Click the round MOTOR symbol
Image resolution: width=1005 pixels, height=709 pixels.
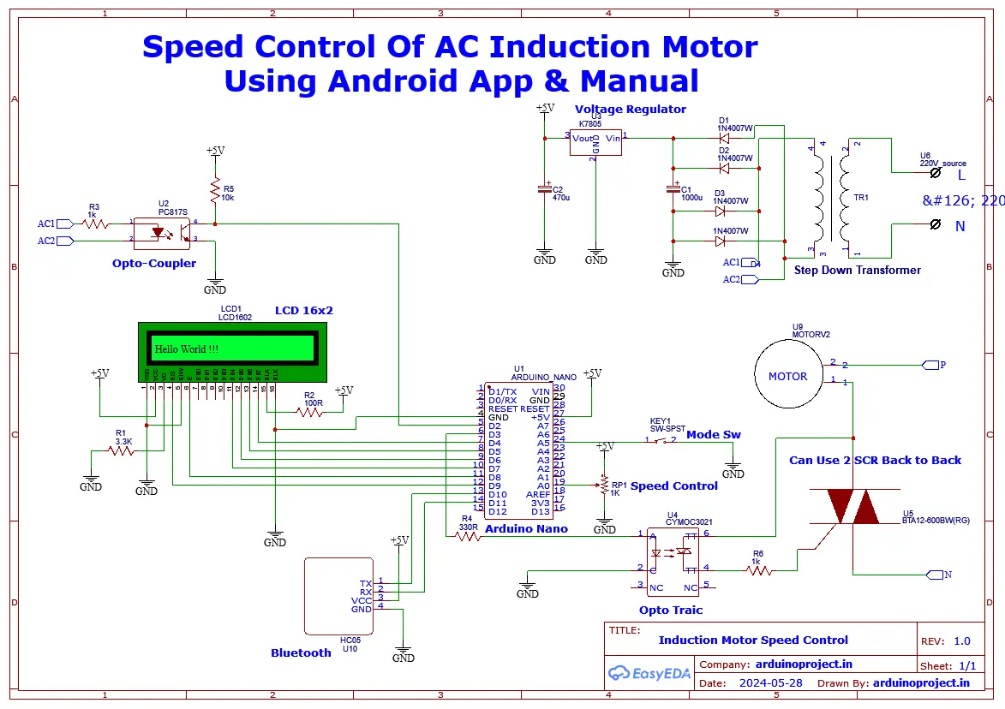(787, 376)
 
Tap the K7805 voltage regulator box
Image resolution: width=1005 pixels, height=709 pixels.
(595, 142)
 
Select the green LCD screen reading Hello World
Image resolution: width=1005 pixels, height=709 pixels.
(232, 349)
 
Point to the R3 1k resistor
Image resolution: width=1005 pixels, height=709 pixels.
(95, 223)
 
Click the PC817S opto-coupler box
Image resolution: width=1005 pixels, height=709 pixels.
(163, 232)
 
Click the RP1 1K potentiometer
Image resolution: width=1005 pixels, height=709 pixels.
(605, 486)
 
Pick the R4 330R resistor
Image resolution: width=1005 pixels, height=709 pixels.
(467, 537)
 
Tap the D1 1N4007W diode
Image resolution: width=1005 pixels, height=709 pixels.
(723, 136)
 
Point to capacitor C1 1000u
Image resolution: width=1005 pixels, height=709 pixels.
(673, 191)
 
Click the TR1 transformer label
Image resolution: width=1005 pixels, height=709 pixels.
(860, 197)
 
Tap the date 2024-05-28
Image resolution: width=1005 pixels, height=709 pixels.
(769, 683)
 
